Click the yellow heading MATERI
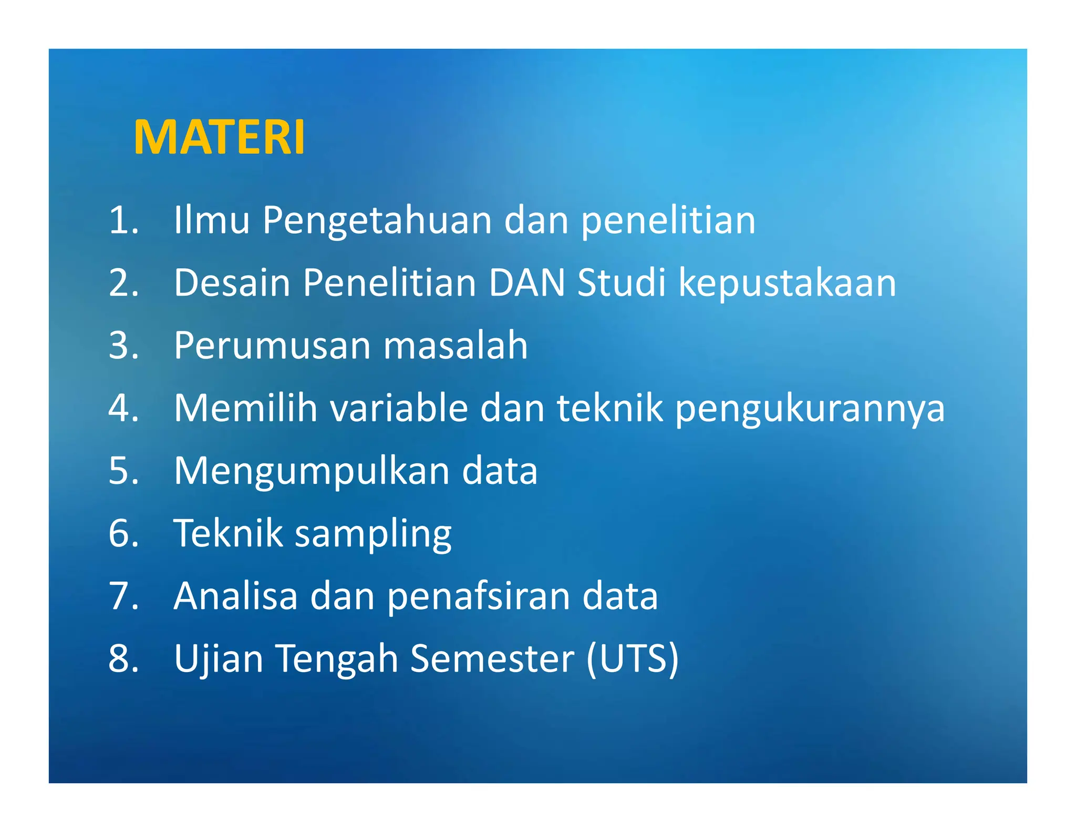coord(219,138)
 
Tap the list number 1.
coord(123,220)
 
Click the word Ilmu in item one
coord(211,220)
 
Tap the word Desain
coord(232,283)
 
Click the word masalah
coord(456,346)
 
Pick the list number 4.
coord(123,408)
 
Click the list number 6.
coord(123,533)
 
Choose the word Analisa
coord(235,596)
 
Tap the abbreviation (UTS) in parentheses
coord(632,658)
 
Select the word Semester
coord(492,658)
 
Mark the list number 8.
coord(123,658)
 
